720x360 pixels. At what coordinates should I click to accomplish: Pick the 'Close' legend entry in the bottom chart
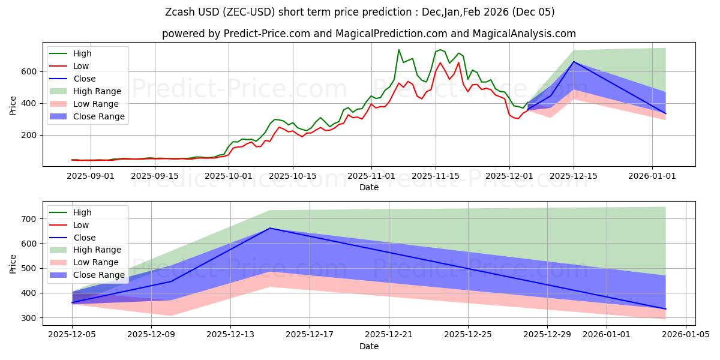tap(83, 238)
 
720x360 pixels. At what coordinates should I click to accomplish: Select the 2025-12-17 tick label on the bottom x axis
tap(310, 335)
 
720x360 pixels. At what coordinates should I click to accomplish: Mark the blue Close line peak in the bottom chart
tap(270, 228)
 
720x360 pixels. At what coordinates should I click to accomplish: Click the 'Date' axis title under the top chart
tap(368, 187)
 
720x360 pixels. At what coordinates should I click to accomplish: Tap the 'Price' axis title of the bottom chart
tap(13, 263)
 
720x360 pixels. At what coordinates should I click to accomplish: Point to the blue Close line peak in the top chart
tap(574, 61)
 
